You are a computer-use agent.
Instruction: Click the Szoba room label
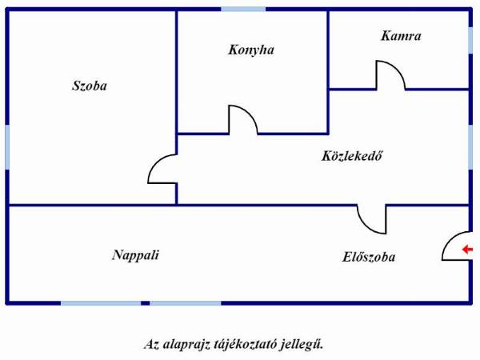click(x=90, y=86)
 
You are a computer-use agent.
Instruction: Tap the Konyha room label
click(x=251, y=50)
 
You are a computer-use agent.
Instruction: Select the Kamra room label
click(x=401, y=36)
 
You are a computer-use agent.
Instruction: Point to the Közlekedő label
click(x=352, y=156)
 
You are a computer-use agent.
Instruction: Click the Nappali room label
click(x=135, y=255)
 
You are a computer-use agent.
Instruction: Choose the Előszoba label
click(x=369, y=257)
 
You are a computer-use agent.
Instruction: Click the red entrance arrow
click(x=467, y=250)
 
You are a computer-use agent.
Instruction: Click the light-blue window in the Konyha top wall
click(x=243, y=10)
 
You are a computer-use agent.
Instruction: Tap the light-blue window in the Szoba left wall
click(x=7, y=147)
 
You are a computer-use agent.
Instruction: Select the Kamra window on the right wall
click(x=470, y=40)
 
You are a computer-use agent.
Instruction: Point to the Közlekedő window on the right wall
click(x=470, y=147)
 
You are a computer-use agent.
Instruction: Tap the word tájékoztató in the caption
click(x=246, y=344)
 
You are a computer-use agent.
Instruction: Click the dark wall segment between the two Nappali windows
click(x=146, y=303)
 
